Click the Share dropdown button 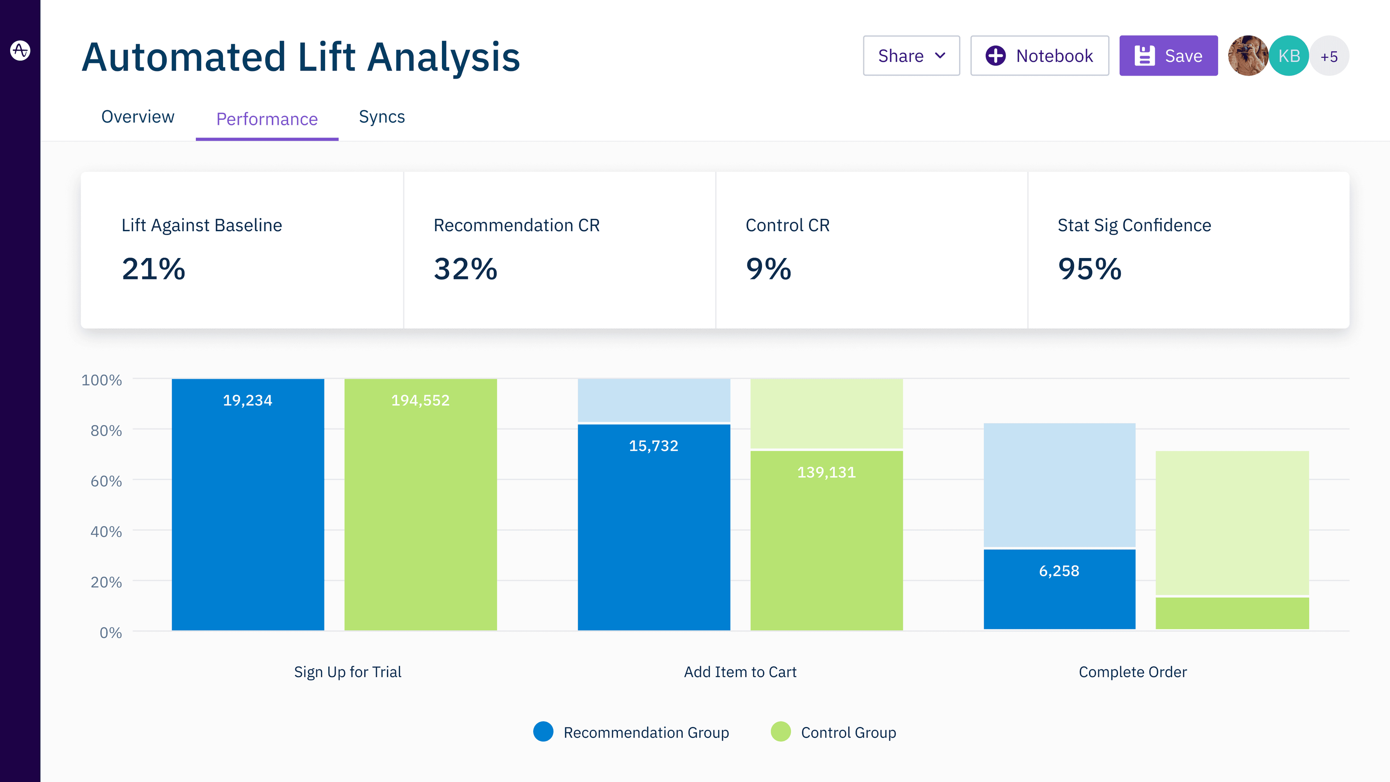(x=911, y=56)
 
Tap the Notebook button (x=1039, y=56)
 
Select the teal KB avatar (x=1289, y=56)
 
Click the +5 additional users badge (x=1329, y=56)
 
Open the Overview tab (x=138, y=117)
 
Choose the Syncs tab (x=382, y=117)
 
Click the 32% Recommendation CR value (x=465, y=269)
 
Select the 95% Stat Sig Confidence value (x=1090, y=269)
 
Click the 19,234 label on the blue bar (x=248, y=400)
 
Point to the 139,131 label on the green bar (x=826, y=473)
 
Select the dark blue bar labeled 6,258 (x=1059, y=589)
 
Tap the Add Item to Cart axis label (x=740, y=672)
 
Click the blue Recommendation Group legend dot (x=543, y=732)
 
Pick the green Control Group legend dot (x=780, y=732)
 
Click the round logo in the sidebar (x=20, y=51)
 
